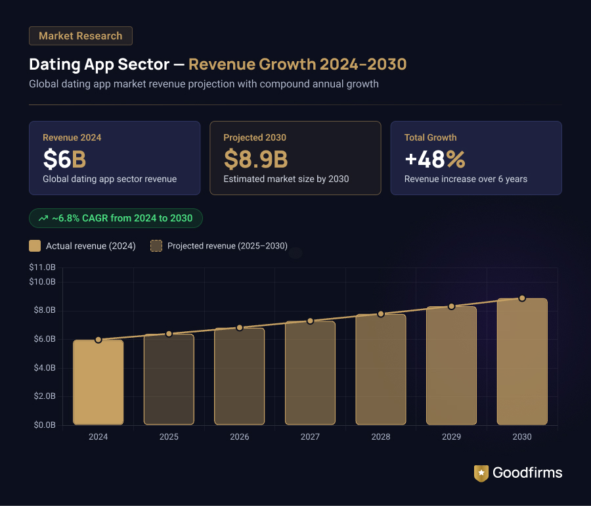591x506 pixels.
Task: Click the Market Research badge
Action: pos(81,35)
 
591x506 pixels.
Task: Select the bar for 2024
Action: pos(98,382)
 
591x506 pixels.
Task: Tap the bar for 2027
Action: pos(310,373)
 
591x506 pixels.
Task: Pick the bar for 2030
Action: pos(522,361)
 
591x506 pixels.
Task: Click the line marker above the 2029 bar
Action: pos(451,306)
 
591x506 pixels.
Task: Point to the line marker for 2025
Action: pos(169,334)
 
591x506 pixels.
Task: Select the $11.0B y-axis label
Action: pos(43,267)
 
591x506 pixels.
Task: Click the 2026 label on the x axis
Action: pos(240,437)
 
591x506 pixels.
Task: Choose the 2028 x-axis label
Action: pos(381,437)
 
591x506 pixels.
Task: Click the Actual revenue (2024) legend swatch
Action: pos(35,246)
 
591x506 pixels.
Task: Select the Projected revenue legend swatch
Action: pos(156,246)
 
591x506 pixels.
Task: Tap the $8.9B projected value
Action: pos(255,158)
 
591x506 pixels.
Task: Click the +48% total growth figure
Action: pos(435,158)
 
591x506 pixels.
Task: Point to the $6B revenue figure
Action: pos(64,158)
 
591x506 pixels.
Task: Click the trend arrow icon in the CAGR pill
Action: pos(43,218)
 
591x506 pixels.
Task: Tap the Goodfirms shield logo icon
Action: pos(481,473)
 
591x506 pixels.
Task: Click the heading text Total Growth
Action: pos(430,137)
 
